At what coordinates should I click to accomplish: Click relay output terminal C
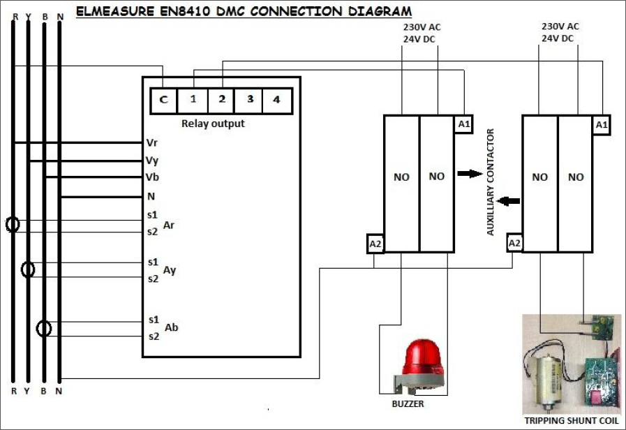(x=164, y=100)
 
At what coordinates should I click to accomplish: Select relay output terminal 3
(x=249, y=100)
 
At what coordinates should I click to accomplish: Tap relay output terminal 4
(x=276, y=100)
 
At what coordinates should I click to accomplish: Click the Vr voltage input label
(x=152, y=142)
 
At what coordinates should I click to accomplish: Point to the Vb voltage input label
(x=152, y=177)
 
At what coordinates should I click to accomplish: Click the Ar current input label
(x=169, y=225)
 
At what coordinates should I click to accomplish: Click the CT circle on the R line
(x=12, y=225)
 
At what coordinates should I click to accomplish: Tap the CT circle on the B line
(x=44, y=327)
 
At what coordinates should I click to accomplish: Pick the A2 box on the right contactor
(x=515, y=243)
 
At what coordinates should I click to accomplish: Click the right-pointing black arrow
(x=470, y=173)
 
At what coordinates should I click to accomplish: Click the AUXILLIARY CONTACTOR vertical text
(x=491, y=182)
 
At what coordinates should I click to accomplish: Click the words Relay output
(x=213, y=124)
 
